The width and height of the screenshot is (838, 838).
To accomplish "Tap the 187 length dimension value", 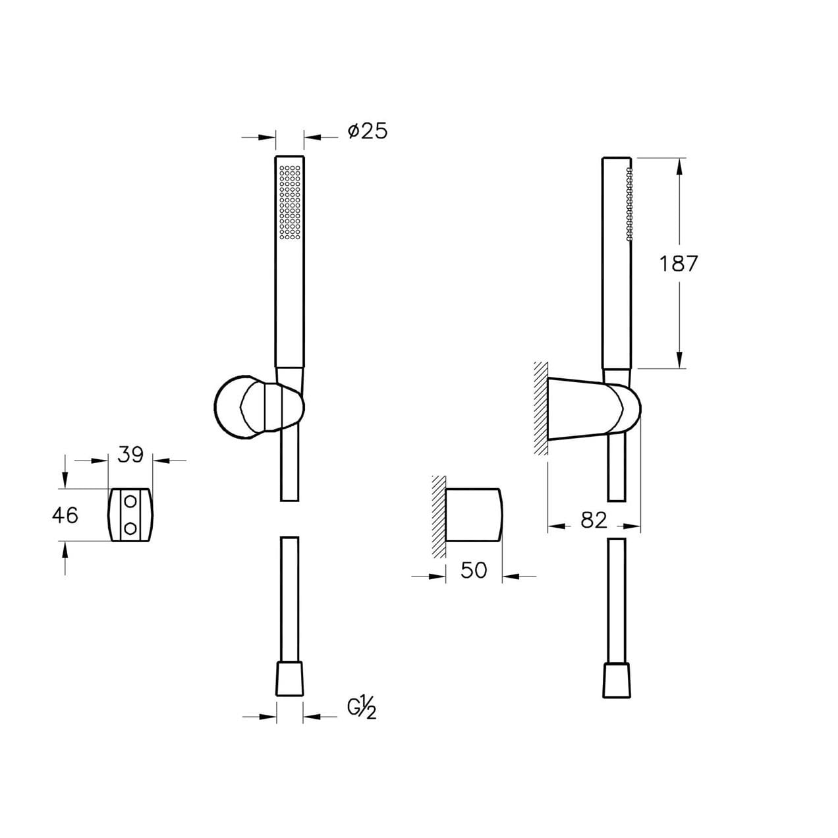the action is [679, 264].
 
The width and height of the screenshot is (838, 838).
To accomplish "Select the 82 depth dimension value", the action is [594, 520].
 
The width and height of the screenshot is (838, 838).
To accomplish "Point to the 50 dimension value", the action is [474, 570].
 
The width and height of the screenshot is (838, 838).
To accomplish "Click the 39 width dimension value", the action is [131, 455].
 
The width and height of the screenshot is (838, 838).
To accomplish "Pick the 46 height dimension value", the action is [65, 515].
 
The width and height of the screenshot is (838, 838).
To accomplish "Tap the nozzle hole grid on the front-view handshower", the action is [290, 202].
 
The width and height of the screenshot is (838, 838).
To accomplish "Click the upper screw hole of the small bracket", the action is [130, 501].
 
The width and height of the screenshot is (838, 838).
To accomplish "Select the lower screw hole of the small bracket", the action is [130, 528].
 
